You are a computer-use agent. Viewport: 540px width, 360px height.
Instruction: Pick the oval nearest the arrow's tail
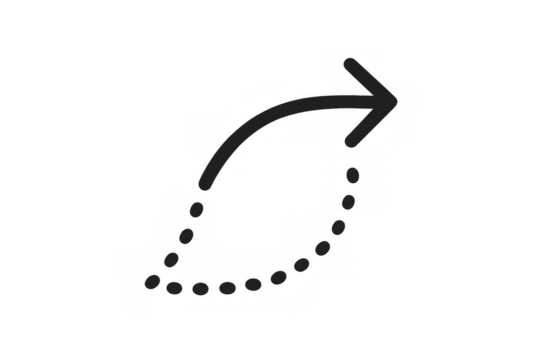[197, 209]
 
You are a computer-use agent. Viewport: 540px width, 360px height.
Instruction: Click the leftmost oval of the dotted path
[153, 280]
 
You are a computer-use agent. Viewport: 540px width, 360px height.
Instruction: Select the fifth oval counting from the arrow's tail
[177, 288]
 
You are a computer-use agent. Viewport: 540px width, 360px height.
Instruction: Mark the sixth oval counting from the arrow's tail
[202, 290]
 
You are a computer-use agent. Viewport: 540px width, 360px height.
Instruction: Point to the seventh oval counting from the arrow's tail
[227, 289]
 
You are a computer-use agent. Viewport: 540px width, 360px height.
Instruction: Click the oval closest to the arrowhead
[352, 177]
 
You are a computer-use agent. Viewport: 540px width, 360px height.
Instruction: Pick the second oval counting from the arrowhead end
[347, 202]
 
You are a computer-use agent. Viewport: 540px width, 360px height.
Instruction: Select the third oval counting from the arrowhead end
[338, 227]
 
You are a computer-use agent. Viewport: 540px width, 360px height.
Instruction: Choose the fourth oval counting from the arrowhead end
[322, 249]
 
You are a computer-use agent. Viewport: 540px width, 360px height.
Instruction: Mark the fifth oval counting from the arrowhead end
[302, 265]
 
